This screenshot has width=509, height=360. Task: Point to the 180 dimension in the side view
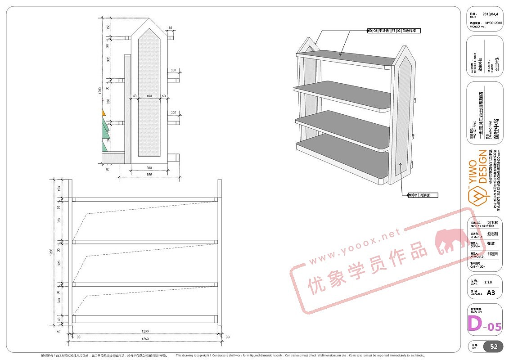pos(149,96)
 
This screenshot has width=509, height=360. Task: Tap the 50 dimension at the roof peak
pos(171,28)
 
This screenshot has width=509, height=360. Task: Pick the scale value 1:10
pos(488,282)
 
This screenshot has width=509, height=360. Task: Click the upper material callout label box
pos(391,31)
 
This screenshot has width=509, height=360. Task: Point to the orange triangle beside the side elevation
pos(104,112)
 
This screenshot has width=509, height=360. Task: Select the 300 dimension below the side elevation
pos(149,168)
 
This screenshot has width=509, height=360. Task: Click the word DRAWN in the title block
pos(476,246)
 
